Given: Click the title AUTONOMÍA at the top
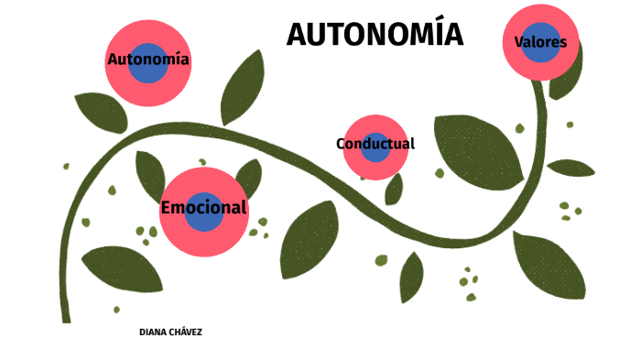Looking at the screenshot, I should pos(375,35).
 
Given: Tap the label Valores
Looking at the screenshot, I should pos(540,42).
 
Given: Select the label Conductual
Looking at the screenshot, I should pos(375,144).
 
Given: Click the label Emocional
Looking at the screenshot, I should pos(203,208).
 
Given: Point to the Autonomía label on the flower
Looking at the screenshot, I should pos(148,60).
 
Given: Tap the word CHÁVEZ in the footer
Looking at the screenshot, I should pos(185,333).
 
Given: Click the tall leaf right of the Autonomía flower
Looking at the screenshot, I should pos(243,87).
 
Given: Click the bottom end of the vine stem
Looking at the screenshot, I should pos(66,316).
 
